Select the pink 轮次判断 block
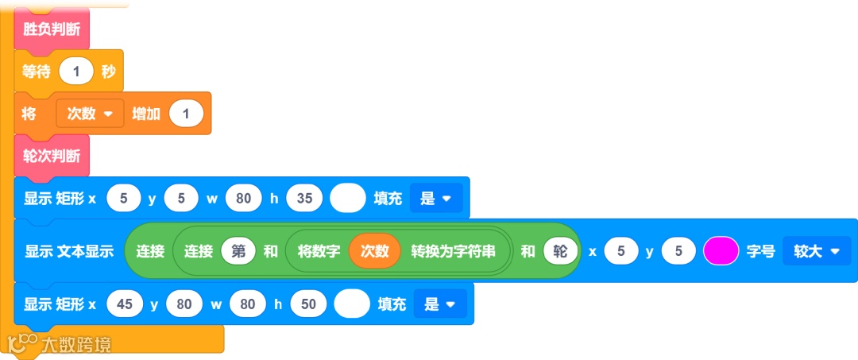52,156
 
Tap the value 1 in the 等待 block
76,72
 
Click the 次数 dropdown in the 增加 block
90,114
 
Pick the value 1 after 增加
186,114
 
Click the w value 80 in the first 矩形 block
243,199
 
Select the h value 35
304,199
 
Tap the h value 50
308,304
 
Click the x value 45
124,304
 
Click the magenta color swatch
721,251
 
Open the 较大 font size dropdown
816,251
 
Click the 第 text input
238,251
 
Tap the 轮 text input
561,251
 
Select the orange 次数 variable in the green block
375,251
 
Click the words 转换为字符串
453,251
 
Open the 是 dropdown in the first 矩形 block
435,199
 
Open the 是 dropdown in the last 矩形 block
439,304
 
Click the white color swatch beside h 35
347,199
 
